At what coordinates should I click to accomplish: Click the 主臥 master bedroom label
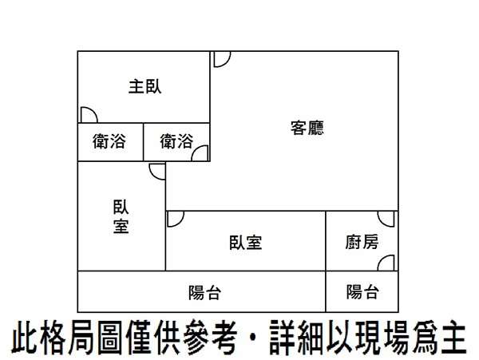(144, 86)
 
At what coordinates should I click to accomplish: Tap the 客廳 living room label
(307, 128)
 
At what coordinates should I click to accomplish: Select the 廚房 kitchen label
(362, 242)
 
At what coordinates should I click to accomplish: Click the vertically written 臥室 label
(121, 216)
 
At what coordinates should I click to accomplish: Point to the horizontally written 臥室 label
(246, 243)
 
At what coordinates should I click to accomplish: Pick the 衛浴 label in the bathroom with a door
(176, 141)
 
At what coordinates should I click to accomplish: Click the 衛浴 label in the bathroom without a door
(109, 141)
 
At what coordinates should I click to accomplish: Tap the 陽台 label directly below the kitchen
(363, 292)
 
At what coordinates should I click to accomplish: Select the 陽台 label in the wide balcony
(204, 293)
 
